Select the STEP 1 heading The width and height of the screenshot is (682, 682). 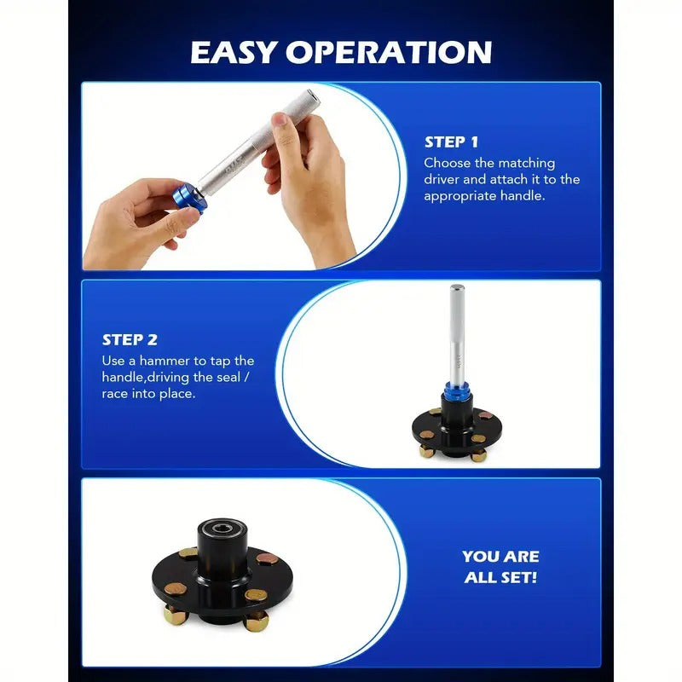[457, 142]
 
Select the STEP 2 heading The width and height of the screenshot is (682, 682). [130, 339]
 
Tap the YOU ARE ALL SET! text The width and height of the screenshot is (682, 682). [500, 567]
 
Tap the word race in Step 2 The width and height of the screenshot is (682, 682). [116, 394]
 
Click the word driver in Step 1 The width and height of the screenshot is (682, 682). [442, 179]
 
